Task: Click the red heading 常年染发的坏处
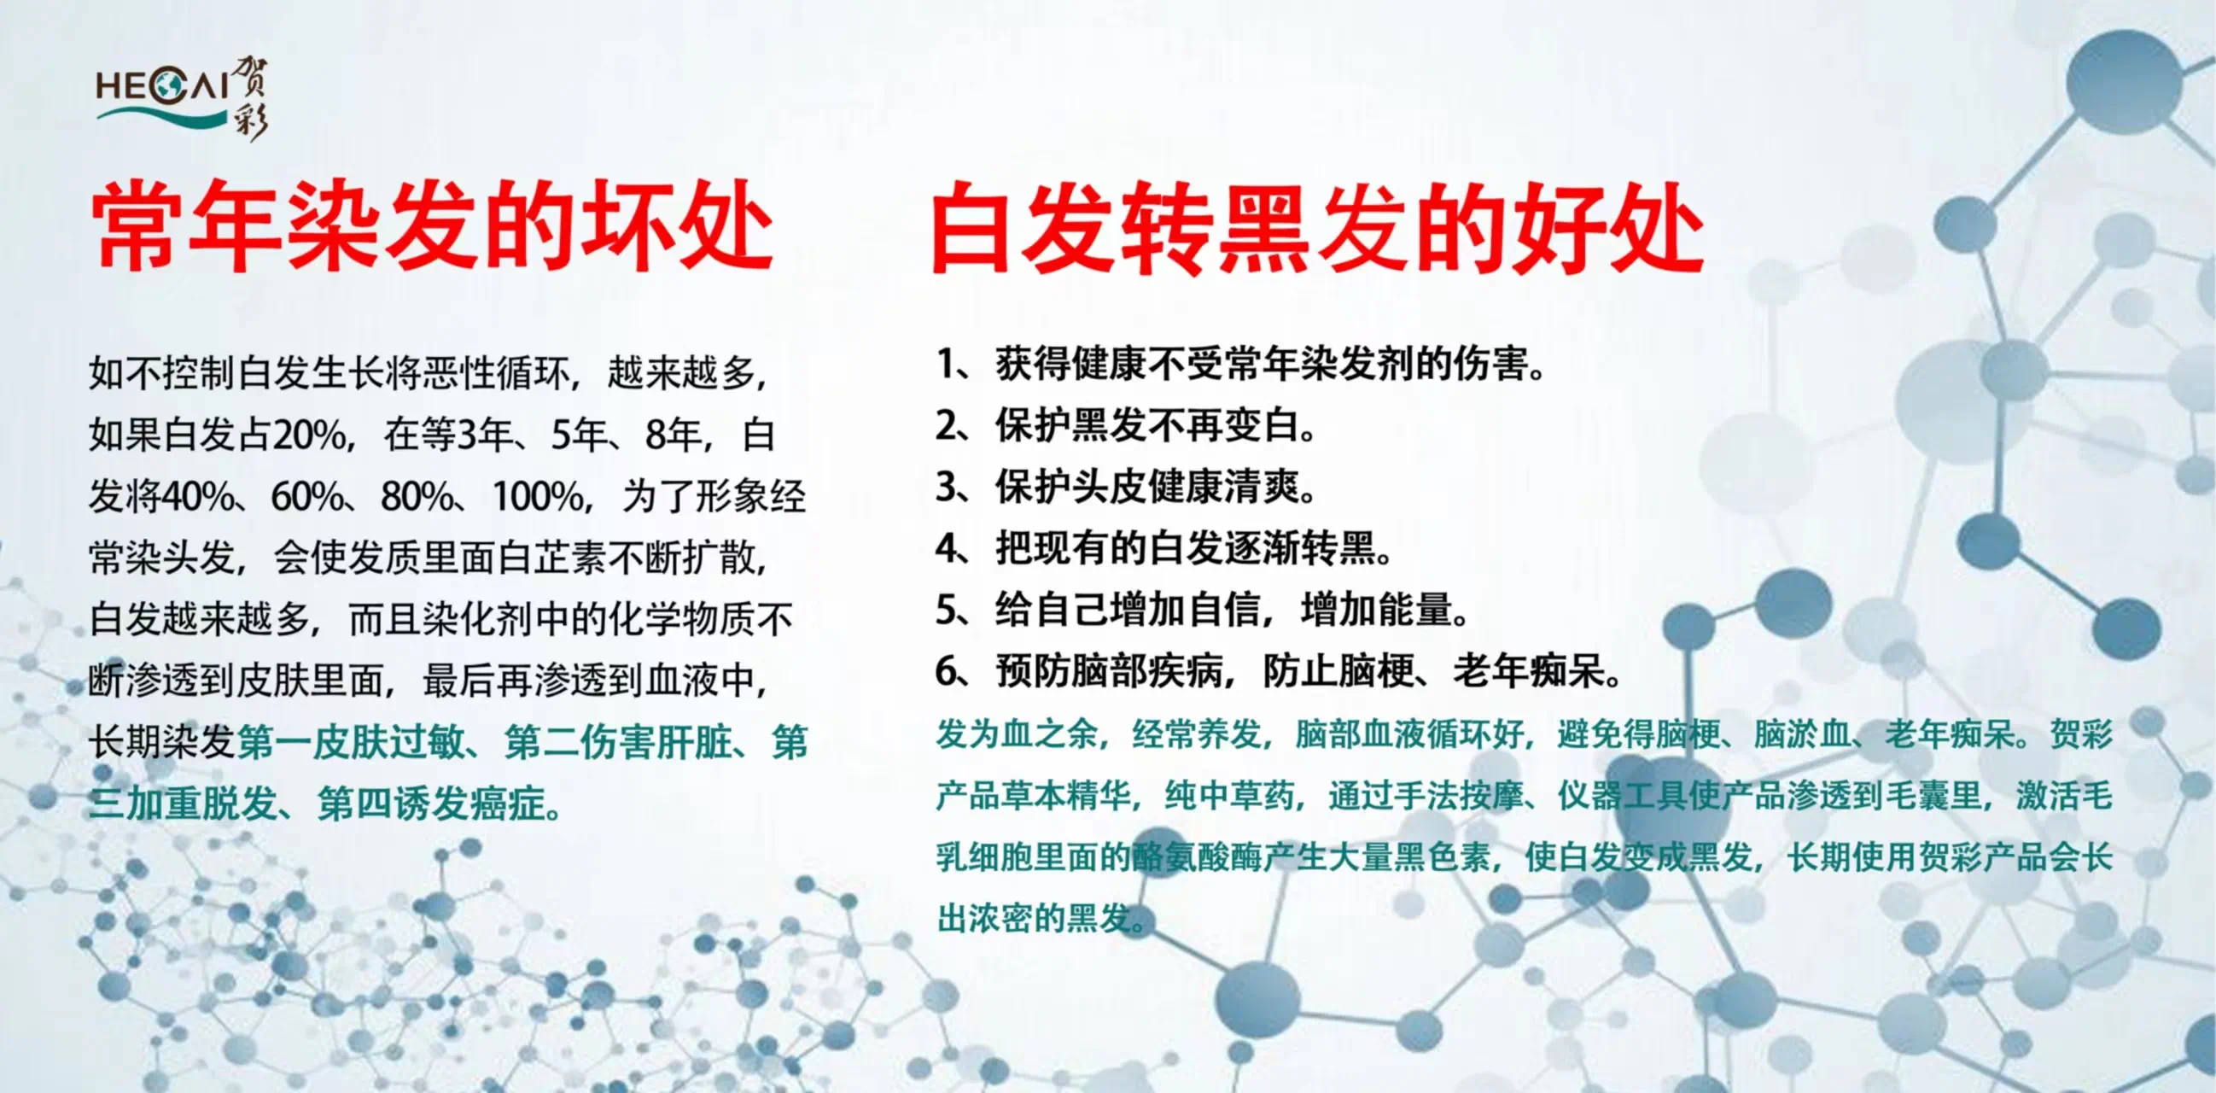click(432, 227)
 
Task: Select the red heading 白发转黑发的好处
click(1317, 229)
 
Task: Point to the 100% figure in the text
click(538, 497)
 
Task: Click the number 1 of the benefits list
click(947, 363)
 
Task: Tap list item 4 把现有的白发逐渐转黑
click(1163, 548)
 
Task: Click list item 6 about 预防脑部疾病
click(1279, 671)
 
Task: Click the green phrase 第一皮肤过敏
click(351, 742)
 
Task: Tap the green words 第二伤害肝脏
click(618, 742)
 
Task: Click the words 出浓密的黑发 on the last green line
click(1033, 918)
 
